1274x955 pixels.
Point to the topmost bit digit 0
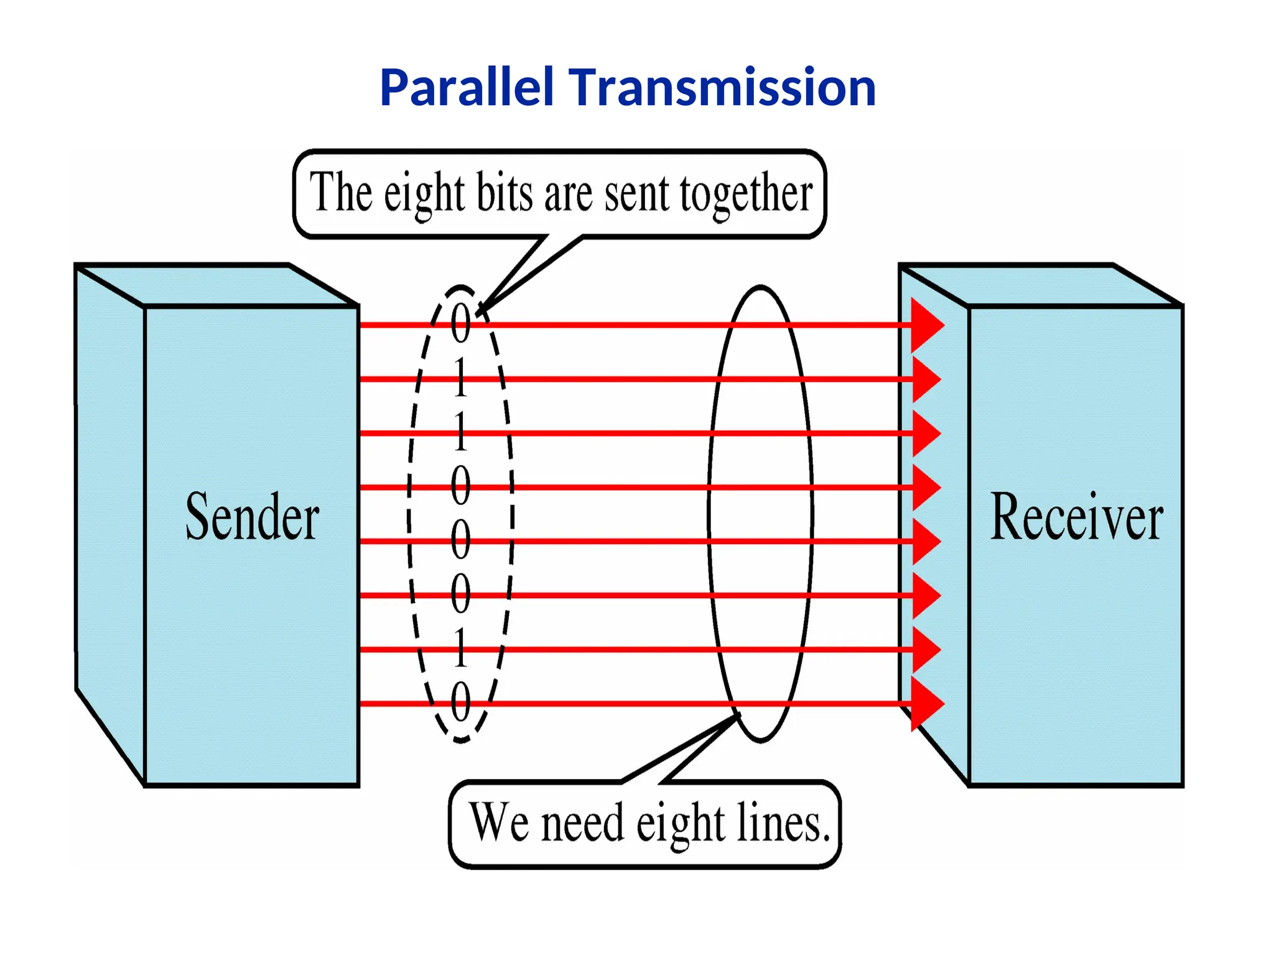pyautogui.click(x=460, y=323)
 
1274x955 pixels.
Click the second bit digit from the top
pyautogui.click(x=460, y=377)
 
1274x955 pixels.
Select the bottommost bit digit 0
pyautogui.click(x=460, y=702)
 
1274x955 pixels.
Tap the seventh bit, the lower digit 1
pyautogui.click(x=460, y=648)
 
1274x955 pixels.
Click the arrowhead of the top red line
pyautogui.click(x=926, y=325)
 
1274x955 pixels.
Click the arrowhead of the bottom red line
pyautogui.click(x=926, y=703)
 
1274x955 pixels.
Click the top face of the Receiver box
pyautogui.click(x=1041, y=285)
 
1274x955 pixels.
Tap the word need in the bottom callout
pyautogui.click(x=582, y=823)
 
